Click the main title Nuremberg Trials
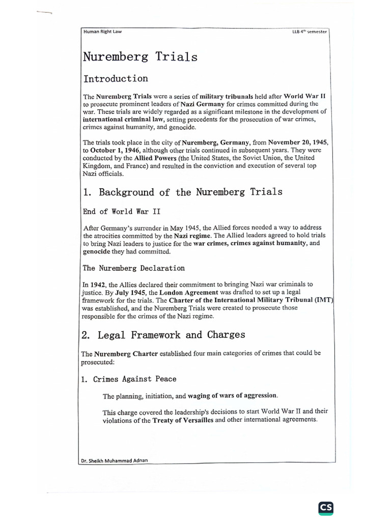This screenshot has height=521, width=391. (x=140, y=57)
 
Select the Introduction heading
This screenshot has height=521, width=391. (x=116, y=79)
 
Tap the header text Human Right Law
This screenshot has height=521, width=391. (x=102, y=32)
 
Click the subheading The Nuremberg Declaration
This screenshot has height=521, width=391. (x=133, y=268)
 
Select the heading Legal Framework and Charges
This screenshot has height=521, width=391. (x=171, y=335)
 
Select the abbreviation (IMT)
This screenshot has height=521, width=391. (x=323, y=300)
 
